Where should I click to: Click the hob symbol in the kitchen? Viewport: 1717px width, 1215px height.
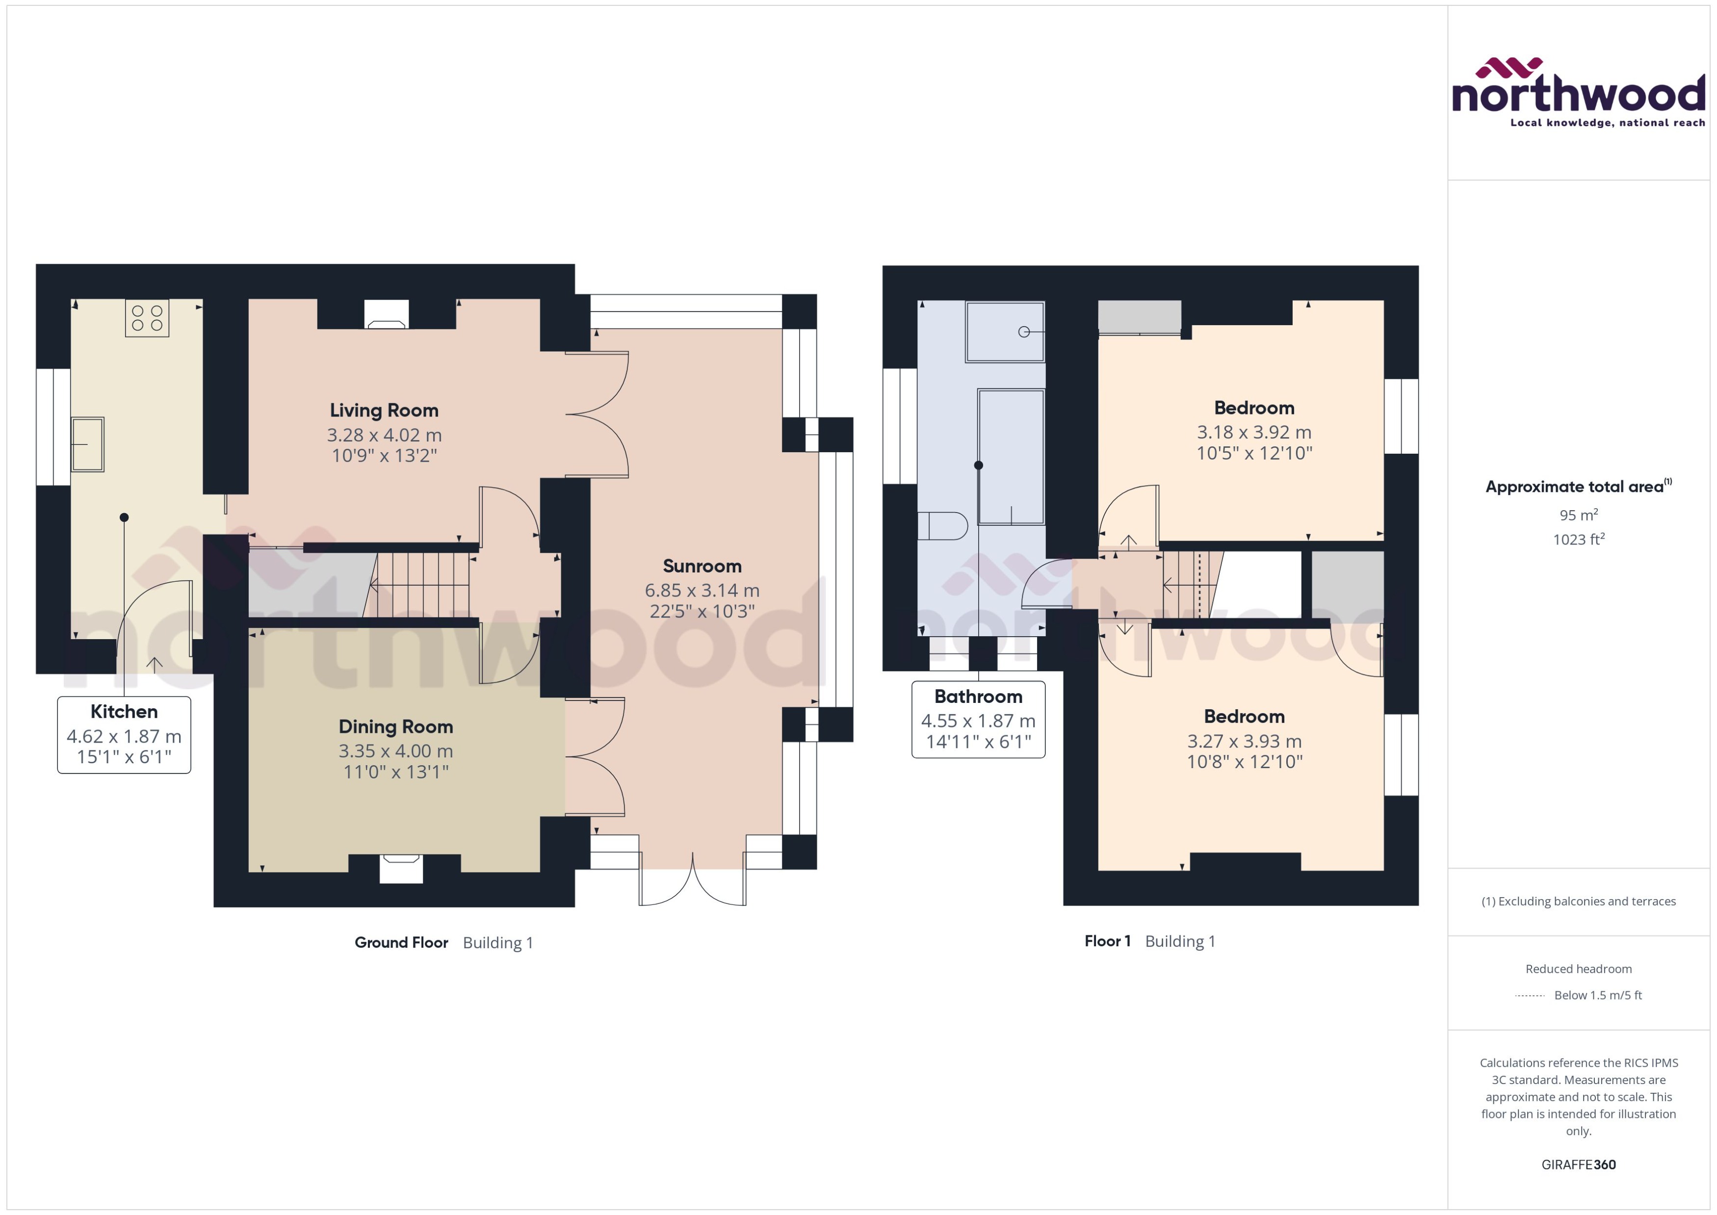[147, 317]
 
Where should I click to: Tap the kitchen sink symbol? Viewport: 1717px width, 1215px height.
[87, 444]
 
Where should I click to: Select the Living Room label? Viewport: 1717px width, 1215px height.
[384, 410]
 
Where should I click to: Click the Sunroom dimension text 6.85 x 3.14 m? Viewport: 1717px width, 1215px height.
[702, 590]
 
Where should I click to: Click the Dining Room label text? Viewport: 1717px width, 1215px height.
[396, 726]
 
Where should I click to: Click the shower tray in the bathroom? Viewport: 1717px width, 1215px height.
[1004, 332]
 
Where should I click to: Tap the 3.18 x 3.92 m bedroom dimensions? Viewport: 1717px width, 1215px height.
[1254, 432]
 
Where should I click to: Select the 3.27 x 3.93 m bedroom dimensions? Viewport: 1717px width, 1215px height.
[1244, 741]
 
